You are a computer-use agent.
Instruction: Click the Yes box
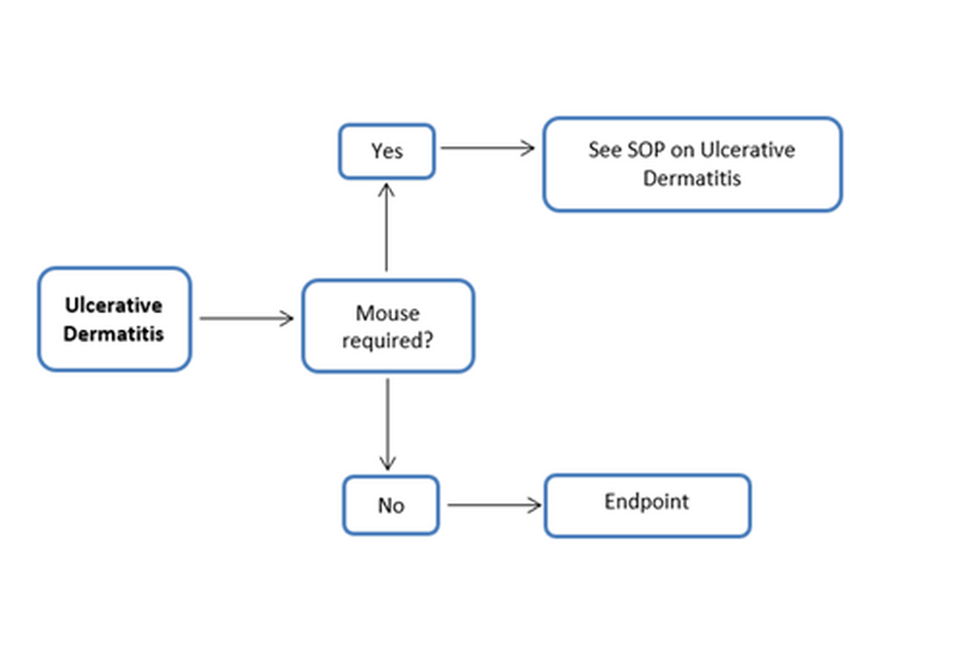point(386,151)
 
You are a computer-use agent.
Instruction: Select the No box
point(390,505)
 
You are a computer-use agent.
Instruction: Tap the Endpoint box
point(647,505)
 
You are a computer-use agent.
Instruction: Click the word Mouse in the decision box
point(387,313)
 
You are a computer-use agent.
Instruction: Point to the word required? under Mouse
point(386,340)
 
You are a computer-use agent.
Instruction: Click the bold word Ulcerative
point(114,305)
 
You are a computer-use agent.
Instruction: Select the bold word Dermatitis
point(114,333)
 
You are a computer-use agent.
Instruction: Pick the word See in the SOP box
point(605,150)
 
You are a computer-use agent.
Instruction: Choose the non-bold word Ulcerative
point(748,150)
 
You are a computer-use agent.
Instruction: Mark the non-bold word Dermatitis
point(692,178)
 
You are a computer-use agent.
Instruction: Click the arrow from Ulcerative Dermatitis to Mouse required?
point(246,319)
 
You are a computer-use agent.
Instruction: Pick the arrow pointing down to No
point(388,424)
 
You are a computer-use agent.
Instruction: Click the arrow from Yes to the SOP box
point(487,148)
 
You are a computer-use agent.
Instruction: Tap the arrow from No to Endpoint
point(493,505)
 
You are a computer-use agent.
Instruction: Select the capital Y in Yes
point(376,151)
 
